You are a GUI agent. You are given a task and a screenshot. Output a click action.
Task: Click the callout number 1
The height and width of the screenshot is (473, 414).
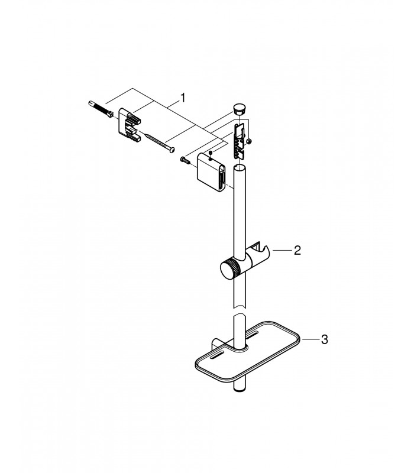click(x=182, y=98)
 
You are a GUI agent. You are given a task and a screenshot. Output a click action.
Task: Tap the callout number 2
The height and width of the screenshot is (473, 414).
click(x=297, y=250)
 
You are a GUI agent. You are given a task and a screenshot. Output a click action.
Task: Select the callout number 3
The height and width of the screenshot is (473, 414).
click(x=324, y=339)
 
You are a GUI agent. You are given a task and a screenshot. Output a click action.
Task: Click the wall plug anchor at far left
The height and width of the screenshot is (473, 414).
click(x=101, y=109)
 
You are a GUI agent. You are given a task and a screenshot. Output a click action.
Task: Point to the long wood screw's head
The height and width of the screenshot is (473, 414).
click(x=172, y=150)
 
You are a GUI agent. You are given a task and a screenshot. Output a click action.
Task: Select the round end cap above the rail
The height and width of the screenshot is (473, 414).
click(x=239, y=108)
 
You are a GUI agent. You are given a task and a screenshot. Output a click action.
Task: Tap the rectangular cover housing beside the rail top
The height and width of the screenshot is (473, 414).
click(x=211, y=173)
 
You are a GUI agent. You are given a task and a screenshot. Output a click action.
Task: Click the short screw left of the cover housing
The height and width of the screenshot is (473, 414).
click(x=185, y=160)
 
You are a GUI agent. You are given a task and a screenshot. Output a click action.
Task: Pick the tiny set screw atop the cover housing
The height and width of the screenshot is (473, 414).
click(x=211, y=153)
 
